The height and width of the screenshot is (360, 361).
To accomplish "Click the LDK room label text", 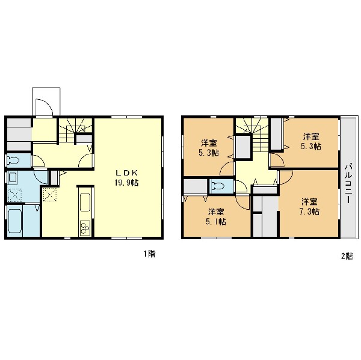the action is pyautogui.click(x=126, y=172).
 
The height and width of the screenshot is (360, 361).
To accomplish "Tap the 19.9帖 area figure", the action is pyautogui.click(x=126, y=183).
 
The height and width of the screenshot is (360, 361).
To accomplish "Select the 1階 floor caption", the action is pyautogui.click(x=150, y=254).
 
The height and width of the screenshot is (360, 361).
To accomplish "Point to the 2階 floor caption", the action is pyautogui.click(x=347, y=256).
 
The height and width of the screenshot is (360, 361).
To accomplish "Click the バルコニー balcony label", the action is pyautogui.click(x=349, y=183).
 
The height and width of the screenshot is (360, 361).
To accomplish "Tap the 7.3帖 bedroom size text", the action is pyautogui.click(x=309, y=212).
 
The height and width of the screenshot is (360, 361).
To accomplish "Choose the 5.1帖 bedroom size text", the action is pyautogui.click(x=216, y=222).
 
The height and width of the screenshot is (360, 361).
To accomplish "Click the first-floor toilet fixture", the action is pyautogui.click(x=13, y=160).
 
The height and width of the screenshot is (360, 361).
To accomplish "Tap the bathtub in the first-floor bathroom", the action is pyautogui.click(x=15, y=221).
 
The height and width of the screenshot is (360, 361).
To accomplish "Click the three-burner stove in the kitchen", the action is pyautogui.click(x=85, y=228).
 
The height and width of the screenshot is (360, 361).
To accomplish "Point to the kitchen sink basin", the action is pyautogui.click(x=85, y=203).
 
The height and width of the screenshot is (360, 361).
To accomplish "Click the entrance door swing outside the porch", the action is pyautogui.click(x=45, y=108).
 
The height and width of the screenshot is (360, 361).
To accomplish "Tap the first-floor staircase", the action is pyautogui.click(x=75, y=130).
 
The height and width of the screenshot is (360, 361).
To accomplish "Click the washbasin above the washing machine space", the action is pyautogui.click(x=12, y=177).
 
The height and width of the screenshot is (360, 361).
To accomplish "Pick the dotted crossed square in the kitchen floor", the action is pyautogui.click(x=50, y=195).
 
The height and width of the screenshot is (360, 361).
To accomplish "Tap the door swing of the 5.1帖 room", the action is pyautogui.click(x=243, y=203).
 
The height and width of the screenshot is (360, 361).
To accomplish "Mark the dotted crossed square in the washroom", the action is pyautogui.click(x=14, y=195).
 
